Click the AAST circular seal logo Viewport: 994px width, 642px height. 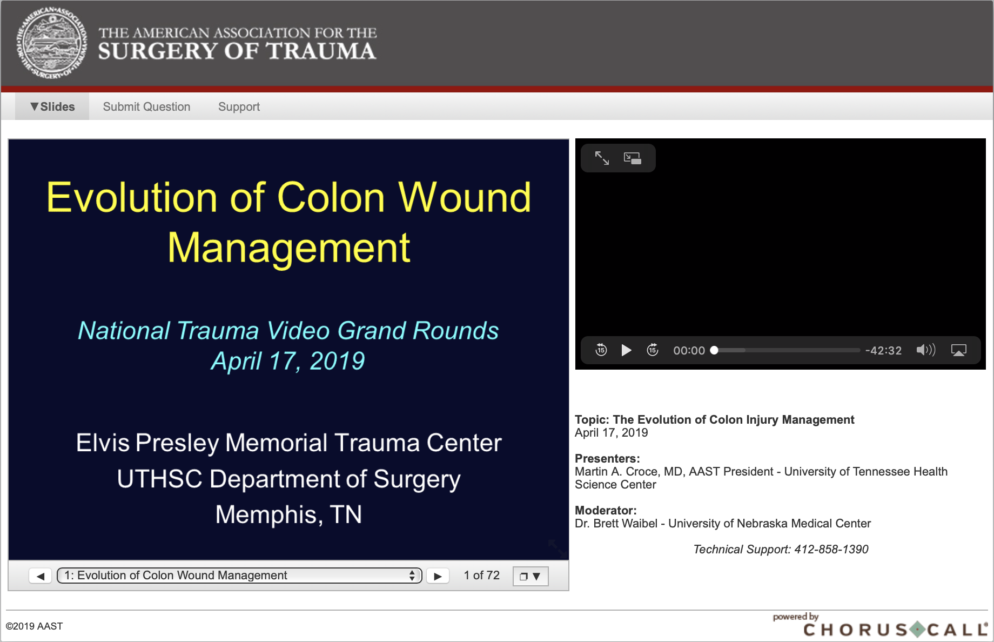51,43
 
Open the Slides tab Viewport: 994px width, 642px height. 52,106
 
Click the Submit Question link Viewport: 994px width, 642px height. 146,106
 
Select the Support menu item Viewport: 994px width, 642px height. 239,106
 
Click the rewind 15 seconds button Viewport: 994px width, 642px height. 601,350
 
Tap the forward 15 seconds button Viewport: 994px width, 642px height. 653,350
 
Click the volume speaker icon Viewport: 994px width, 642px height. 926,350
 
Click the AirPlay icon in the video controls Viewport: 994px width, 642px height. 959,351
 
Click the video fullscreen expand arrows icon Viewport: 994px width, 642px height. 602,158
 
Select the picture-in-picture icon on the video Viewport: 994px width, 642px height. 633,158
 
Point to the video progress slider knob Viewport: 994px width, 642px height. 714,350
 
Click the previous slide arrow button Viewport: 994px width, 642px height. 41,576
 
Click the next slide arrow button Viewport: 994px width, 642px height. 438,576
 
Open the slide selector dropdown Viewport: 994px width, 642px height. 239,576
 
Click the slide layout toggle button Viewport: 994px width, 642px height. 530,576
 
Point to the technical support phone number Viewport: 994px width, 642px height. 831,550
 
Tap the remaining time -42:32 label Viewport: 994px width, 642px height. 883,351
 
